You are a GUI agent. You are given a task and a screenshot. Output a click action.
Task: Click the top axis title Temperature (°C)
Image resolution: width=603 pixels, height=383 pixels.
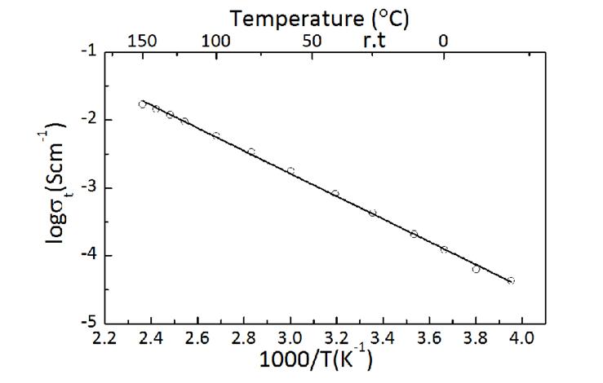(x=319, y=16)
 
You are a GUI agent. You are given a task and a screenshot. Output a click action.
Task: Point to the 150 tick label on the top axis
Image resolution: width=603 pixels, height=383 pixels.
(x=142, y=39)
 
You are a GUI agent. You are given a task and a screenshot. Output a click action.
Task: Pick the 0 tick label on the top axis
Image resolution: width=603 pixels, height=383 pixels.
(x=444, y=39)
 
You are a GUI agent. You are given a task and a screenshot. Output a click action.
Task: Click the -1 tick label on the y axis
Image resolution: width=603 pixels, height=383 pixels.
(x=86, y=51)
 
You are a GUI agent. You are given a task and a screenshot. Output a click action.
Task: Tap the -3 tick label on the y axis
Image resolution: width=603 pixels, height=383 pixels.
(x=86, y=187)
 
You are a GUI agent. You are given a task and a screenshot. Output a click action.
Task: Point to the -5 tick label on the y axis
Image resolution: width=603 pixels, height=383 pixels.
(x=86, y=323)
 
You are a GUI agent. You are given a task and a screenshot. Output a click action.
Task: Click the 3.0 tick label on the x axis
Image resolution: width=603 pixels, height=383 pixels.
(x=290, y=337)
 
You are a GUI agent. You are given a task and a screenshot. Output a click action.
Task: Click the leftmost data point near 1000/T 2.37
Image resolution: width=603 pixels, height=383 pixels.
(x=143, y=104)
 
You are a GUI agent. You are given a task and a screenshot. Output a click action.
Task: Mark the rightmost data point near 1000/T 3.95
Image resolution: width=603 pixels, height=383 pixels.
(x=511, y=280)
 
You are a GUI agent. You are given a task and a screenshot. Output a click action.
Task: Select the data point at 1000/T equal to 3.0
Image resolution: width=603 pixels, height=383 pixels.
(x=290, y=170)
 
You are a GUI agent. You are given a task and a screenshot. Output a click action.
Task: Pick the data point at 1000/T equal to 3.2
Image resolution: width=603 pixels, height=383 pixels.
(x=335, y=193)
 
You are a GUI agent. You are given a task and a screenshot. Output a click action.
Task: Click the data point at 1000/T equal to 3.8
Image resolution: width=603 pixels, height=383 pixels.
(x=477, y=268)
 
